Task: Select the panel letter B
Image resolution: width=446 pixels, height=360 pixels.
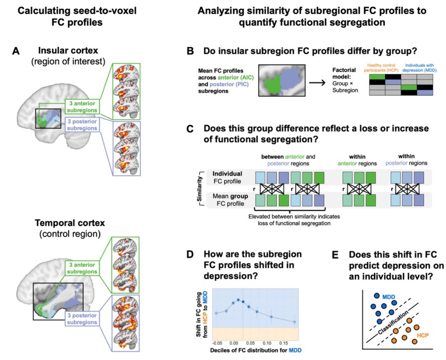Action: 190,52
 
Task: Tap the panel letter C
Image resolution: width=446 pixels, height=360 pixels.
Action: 190,129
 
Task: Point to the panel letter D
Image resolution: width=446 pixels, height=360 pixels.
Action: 190,254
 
